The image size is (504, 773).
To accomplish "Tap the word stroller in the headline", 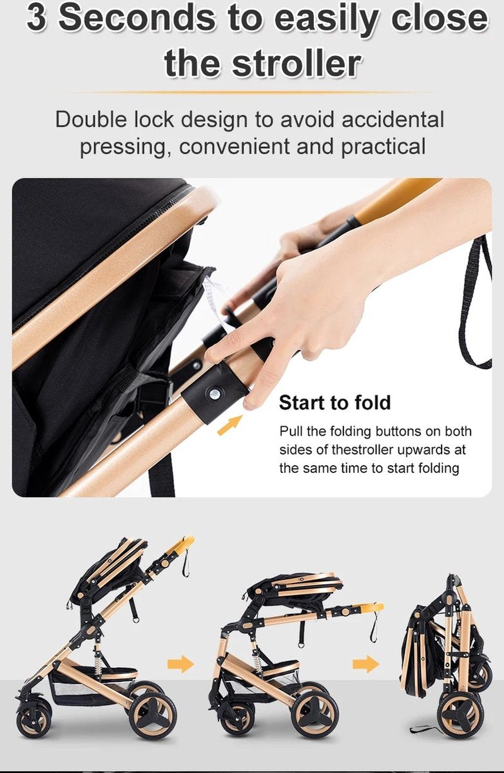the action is coord(296,64).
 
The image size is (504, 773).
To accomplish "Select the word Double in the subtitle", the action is coord(91,120).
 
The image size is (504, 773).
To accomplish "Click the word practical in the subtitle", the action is coord(383,146).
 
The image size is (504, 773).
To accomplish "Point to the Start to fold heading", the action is coord(334,403).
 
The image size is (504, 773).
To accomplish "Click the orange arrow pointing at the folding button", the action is coord(230,425).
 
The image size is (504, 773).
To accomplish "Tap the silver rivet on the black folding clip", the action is coord(215,392).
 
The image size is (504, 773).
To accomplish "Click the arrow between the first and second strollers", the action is coord(180,663).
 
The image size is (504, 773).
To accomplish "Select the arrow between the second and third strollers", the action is coord(366,663).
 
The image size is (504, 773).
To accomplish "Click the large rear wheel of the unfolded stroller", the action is coord(153,713).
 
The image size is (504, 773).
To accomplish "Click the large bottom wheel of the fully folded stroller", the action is coord(460,714).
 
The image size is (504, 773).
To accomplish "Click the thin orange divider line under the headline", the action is coord(252,93).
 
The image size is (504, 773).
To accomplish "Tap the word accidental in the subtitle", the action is coord(393,120).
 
